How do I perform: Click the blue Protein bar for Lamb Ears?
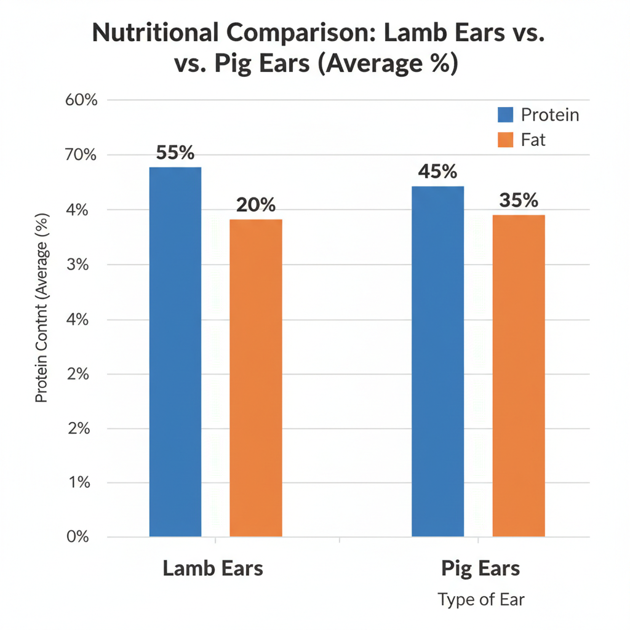175,351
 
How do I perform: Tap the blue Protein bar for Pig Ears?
437,361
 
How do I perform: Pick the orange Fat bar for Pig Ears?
519,375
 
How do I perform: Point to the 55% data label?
175,153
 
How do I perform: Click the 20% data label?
256,205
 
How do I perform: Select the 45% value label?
437,172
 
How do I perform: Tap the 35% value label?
519,201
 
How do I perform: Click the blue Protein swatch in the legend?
505,114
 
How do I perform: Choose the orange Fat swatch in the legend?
505,140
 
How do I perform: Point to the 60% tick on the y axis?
81,100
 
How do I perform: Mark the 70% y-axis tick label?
81,155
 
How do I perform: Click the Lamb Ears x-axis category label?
213,568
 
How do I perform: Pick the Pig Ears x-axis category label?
480,568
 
